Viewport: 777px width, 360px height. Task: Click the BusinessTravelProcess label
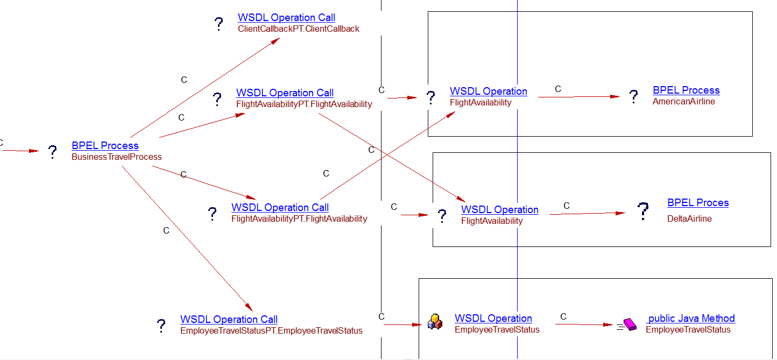click(117, 157)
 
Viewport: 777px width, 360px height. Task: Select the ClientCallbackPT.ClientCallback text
click(299, 29)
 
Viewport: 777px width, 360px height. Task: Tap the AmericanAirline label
click(684, 101)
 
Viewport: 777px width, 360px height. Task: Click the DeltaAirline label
click(689, 219)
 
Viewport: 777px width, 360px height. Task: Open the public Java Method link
click(691, 319)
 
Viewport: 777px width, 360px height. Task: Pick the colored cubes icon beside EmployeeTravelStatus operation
click(435, 322)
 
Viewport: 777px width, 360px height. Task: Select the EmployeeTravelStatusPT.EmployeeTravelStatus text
click(271, 331)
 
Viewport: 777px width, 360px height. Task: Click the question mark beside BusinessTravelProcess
click(52, 152)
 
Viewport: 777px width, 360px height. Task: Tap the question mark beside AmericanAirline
click(634, 97)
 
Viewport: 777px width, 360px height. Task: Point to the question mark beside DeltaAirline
click(643, 211)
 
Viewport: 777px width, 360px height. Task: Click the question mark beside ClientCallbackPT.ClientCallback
click(218, 24)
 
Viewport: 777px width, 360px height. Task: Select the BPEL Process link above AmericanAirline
click(686, 90)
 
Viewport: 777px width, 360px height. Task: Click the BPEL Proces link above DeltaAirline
click(698, 203)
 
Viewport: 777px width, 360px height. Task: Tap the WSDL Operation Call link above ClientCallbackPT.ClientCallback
click(286, 18)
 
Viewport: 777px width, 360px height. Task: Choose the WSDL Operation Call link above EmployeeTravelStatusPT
click(229, 320)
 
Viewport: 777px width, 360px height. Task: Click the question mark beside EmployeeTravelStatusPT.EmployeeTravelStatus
click(161, 326)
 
